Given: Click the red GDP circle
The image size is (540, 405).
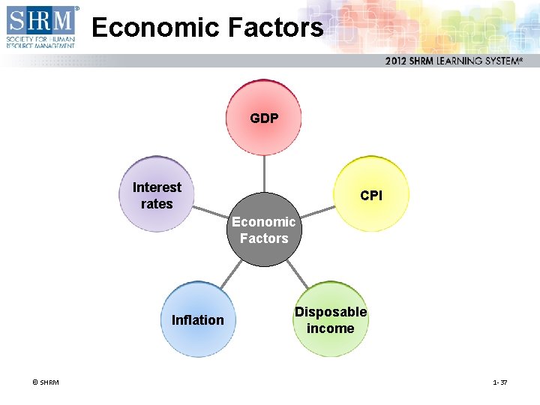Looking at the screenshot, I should pos(264,118).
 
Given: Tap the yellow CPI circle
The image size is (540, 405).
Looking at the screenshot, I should pos(371,193).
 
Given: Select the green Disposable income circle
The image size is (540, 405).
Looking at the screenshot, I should pos(330,319).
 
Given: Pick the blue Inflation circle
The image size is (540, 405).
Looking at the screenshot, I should pos(198,319).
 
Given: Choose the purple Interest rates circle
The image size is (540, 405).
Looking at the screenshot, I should pos(157,194).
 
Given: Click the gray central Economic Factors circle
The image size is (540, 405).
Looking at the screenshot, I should pos(264,229).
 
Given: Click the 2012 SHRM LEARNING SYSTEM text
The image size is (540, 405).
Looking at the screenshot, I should pos(453,61).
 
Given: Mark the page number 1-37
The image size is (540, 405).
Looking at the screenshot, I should pos(500,382).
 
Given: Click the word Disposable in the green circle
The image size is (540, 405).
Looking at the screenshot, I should pos(331,312).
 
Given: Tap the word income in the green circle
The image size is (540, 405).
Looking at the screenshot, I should pos(330,328).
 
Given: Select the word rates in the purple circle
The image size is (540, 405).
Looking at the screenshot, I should pos(157,204).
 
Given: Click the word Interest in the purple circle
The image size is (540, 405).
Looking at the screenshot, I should pos(157,187).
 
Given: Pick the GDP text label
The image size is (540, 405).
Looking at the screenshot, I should pos(264,118).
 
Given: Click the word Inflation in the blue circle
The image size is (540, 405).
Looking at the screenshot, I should pos(198,320).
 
